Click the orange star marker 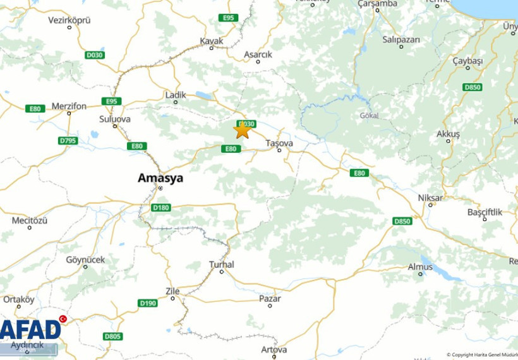point(242,129)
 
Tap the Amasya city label point(160,178)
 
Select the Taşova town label point(279,143)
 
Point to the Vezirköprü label point(69,20)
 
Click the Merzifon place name point(69,106)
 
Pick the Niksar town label point(430,198)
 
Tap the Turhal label point(222,265)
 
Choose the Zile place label point(172,291)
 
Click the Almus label point(420,267)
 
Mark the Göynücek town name point(85,260)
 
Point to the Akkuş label point(448,134)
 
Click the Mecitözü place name point(30,220)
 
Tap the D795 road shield point(68,140)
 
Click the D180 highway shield point(161,207)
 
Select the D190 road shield point(147,303)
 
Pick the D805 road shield point(112,336)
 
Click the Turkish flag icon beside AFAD point(63,320)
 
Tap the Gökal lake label point(368,116)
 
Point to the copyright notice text point(481,355)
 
